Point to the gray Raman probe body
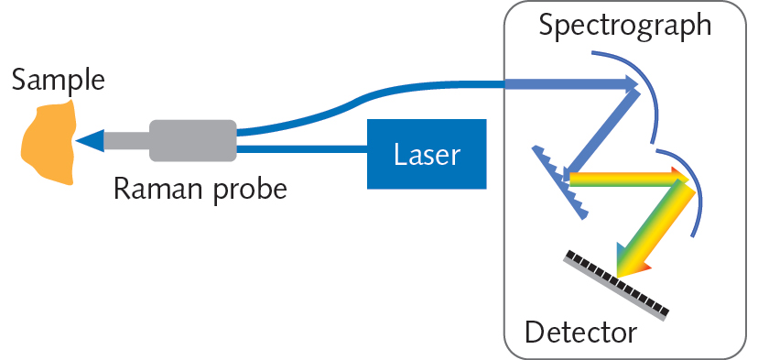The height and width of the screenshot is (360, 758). point(193,140)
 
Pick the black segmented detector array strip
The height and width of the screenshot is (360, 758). point(622,283)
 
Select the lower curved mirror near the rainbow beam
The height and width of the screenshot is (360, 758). point(690,188)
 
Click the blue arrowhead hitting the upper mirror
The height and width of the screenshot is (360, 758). point(630,84)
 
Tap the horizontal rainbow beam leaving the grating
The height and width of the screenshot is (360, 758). point(623,181)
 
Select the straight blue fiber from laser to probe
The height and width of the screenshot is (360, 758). point(302,147)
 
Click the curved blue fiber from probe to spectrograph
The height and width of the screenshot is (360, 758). point(366,94)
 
